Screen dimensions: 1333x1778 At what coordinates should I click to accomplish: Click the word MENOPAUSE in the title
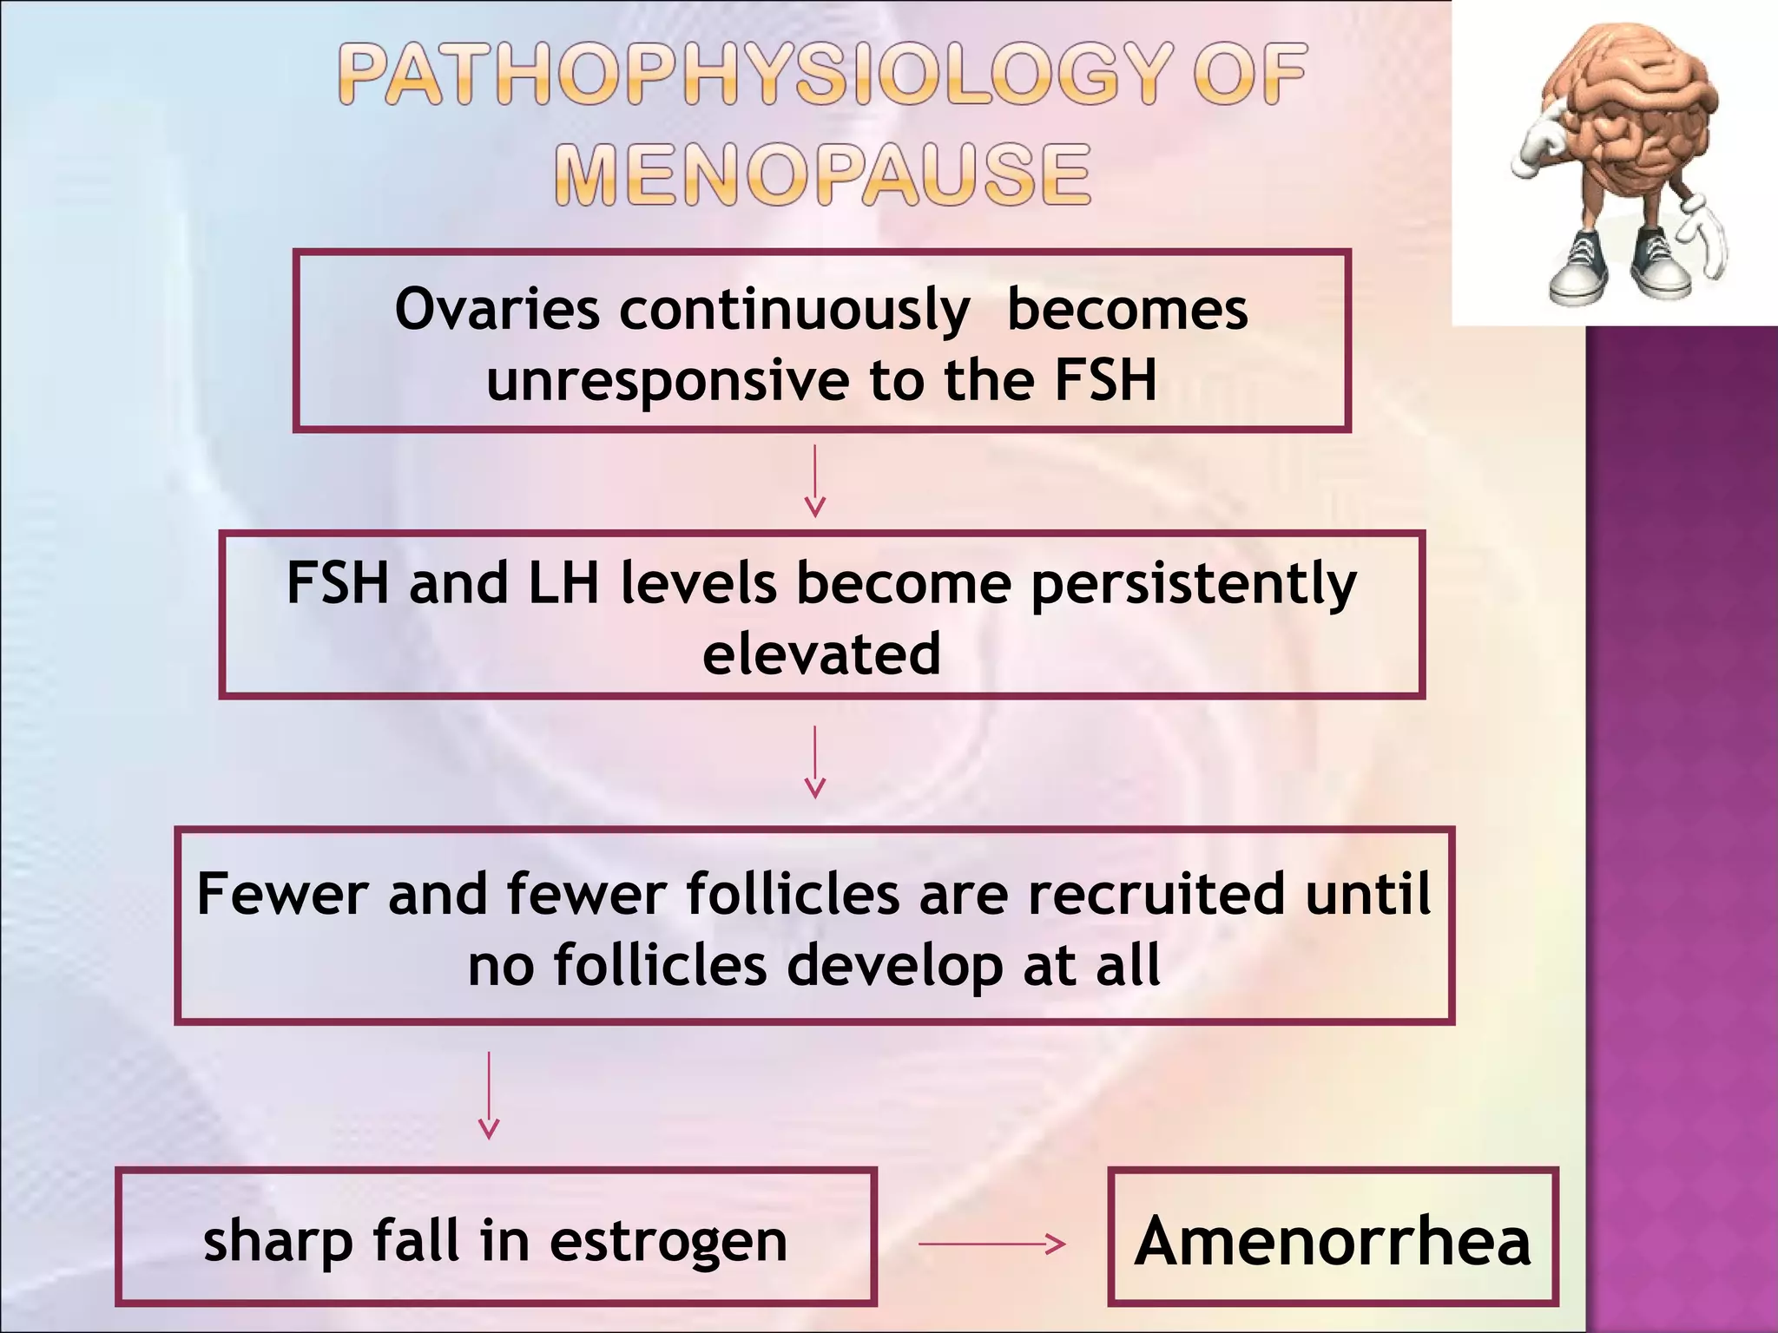tap(822, 175)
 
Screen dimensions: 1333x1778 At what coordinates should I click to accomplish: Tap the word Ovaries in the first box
tap(497, 309)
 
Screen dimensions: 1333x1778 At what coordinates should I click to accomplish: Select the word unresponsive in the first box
tap(667, 382)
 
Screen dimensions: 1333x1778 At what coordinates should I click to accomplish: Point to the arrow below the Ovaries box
tap(814, 482)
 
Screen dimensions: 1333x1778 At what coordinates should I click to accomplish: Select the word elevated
tap(821, 654)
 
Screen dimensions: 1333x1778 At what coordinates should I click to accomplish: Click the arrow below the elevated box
tap(814, 762)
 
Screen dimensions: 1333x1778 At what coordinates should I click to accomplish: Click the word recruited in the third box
tap(1156, 894)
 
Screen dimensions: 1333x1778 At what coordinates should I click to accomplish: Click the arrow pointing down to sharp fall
tap(489, 1095)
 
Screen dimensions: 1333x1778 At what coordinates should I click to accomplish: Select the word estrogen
tap(668, 1243)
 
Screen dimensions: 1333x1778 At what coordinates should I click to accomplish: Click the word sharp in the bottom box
tap(277, 1243)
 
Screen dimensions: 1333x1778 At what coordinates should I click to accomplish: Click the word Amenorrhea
tap(1332, 1241)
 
